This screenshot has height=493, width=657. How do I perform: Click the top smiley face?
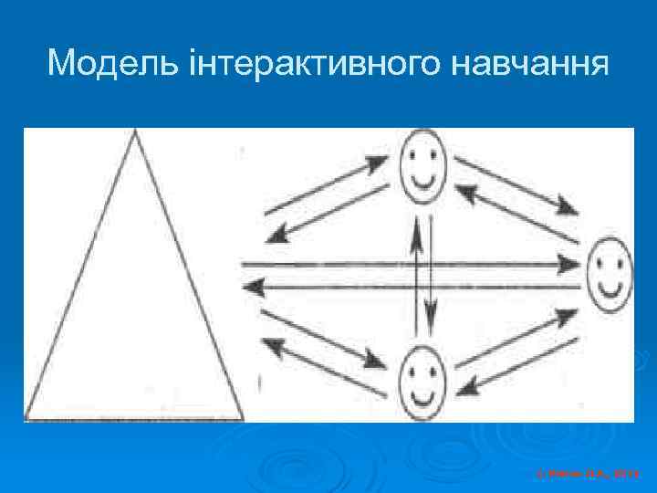[x=421, y=165]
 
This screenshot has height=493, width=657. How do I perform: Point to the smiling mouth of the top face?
[x=421, y=179]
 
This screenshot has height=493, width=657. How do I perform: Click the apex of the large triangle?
[x=135, y=132]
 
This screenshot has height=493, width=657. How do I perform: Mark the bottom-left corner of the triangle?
[x=27, y=418]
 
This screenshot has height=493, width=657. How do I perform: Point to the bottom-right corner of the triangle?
[x=242, y=418]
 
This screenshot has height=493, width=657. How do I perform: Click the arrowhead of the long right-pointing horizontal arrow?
[x=569, y=265]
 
